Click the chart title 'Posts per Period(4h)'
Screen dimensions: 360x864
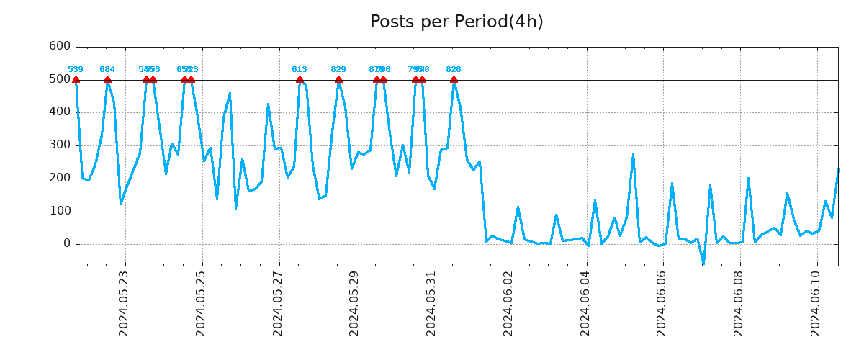(456, 22)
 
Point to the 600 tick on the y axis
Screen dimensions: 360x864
(59, 46)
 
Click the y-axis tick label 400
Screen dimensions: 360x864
(59, 112)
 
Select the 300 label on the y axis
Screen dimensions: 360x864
(59, 145)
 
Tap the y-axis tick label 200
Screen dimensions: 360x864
(59, 179)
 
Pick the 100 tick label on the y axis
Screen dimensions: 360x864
(59, 212)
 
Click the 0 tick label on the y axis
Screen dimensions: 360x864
(66, 244)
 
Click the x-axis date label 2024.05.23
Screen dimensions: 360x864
(124, 303)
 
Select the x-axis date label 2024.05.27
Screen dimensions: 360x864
(278, 303)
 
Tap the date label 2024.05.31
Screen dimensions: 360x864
(431, 303)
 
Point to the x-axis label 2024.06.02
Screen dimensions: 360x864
(508, 303)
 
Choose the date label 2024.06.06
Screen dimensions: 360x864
(662, 303)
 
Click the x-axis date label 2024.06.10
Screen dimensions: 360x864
(816, 303)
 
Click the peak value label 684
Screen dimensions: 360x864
(107, 70)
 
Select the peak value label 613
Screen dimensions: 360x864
(300, 70)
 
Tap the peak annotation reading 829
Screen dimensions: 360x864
(338, 70)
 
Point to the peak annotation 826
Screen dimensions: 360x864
(454, 70)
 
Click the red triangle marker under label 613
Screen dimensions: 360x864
(300, 80)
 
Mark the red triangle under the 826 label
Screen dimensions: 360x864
(454, 80)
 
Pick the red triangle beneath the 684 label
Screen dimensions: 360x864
(107, 80)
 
